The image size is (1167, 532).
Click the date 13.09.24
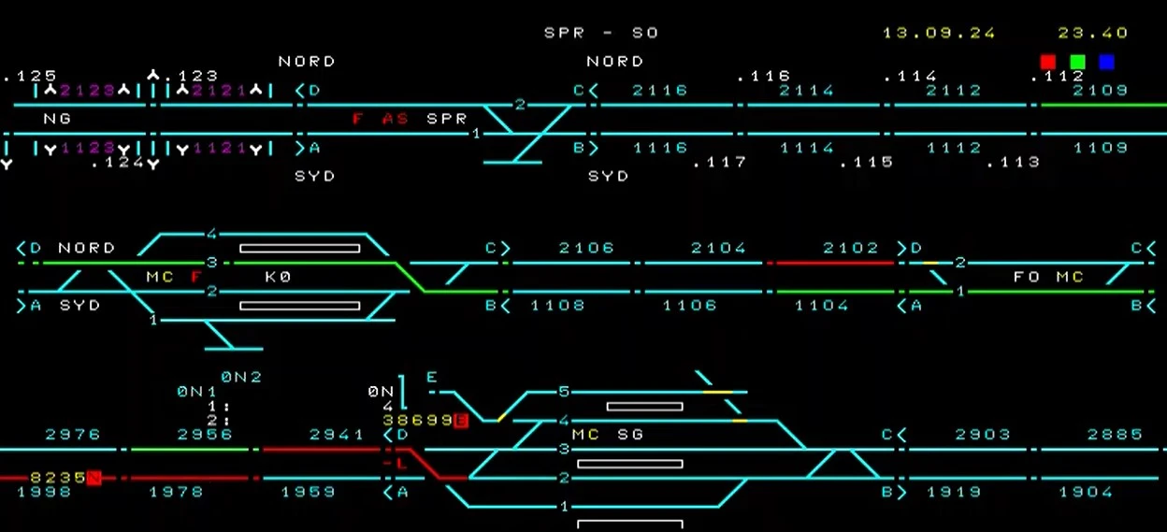(x=939, y=33)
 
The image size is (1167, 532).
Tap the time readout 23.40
(x=1093, y=33)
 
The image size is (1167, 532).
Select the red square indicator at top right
(x=1048, y=62)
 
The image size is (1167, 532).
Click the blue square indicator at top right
(x=1107, y=62)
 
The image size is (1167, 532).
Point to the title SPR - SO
(x=601, y=33)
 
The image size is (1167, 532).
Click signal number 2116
(x=659, y=91)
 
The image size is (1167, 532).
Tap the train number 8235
(x=57, y=477)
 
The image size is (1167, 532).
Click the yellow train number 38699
(x=417, y=421)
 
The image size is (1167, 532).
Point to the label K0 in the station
(x=279, y=278)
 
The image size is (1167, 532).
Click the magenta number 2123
(x=88, y=91)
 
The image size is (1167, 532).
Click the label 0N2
(x=241, y=377)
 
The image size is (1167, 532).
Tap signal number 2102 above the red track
(x=851, y=248)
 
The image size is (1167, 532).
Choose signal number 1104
(x=822, y=306)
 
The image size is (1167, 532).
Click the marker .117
(x=719, y=163)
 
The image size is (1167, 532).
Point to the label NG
(x=57, y=120)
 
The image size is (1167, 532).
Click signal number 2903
(x=983, y=435)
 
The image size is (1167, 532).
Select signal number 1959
(x=308, y=492)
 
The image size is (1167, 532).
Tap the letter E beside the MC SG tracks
(x=432, y=377)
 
